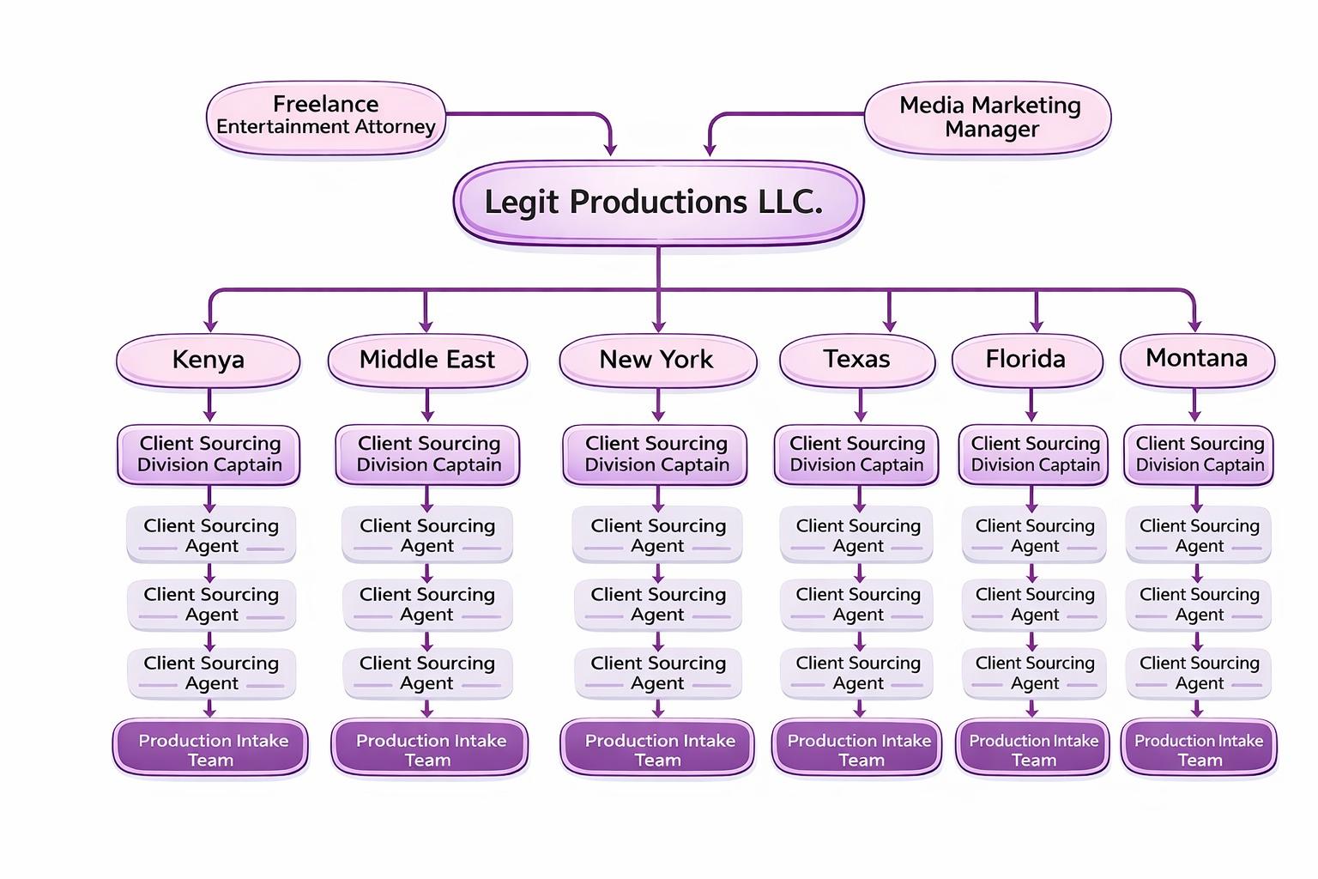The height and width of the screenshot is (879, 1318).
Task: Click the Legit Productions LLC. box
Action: (x=658, y=203)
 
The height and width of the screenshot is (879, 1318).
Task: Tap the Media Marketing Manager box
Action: (x=988, y=118)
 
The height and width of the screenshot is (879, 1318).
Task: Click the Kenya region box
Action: (x=209, y=360)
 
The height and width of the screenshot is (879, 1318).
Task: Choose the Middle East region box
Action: (x=427, y=360)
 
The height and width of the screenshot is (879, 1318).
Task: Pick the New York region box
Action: (x=657, y=360)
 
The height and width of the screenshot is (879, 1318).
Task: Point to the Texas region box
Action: (x=857, y=360)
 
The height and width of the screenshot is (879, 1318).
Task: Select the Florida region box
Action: (x=1026, y=360)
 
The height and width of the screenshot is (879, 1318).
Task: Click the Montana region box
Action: (x=1197, y=359)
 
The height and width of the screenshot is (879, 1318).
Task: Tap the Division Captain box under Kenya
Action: (x=209, y=454)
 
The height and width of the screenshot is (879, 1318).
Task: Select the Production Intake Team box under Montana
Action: (x=1199, y=749)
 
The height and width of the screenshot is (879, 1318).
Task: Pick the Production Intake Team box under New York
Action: (x=658, y=749)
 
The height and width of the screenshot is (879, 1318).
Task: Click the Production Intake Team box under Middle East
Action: (x=429, y=749)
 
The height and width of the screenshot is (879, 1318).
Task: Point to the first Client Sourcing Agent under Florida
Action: (x=1034, y=535)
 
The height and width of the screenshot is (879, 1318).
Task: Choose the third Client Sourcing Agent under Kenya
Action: (x=211, y=673)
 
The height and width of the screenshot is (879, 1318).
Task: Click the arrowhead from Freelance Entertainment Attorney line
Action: (x=610, y=149)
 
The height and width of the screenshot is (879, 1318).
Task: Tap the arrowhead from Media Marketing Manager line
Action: (x=710, y=149)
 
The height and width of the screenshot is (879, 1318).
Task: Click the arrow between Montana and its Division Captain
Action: (x=1195, y=405)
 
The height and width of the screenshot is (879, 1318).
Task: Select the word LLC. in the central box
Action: (x=790, y=203)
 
